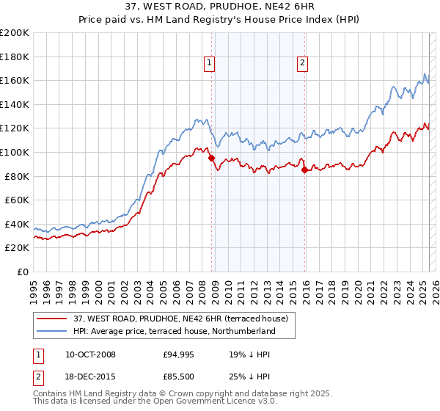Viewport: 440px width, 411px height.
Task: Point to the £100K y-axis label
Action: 15,152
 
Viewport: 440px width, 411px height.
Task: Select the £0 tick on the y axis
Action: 23,272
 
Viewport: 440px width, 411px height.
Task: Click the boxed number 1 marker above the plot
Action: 210,64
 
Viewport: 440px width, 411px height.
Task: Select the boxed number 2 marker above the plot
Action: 302,64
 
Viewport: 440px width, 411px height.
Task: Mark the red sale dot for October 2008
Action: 211,158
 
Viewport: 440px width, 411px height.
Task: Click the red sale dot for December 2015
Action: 304,170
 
